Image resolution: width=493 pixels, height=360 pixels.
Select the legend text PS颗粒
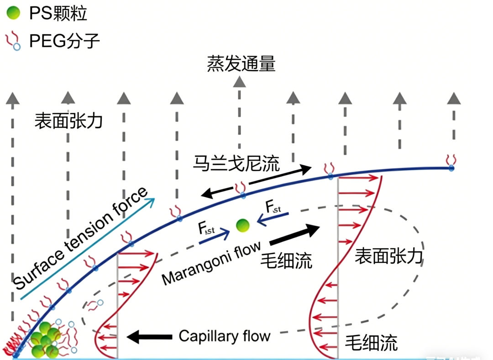click(x=58, y=14)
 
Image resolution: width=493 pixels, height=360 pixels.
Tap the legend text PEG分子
click(x=64, y=42)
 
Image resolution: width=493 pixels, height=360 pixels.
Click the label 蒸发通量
click(x=241, y=64)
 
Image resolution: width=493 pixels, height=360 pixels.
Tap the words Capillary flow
click(x=225, y=337)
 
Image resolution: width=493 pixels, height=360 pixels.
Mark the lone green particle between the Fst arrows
click(x=243, y=225)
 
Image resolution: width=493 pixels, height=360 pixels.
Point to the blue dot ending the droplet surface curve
click(x=451, y=168)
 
